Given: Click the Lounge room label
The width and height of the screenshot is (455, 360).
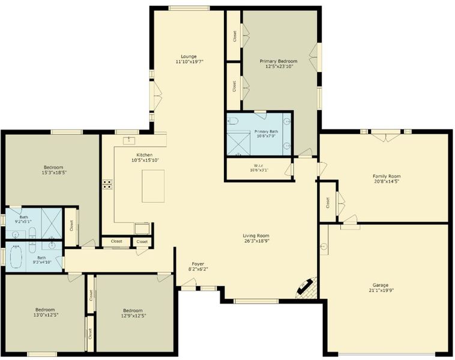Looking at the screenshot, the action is (x=188, y=56).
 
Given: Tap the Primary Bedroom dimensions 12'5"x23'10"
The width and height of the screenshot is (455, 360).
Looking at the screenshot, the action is (x=279, y=67).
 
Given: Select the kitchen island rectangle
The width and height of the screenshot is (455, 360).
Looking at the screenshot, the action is (x=153, y=186).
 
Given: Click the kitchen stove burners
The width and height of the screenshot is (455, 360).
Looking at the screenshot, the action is (x=107, y=184).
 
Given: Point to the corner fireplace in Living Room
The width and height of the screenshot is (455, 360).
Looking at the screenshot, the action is (x=307, y=289).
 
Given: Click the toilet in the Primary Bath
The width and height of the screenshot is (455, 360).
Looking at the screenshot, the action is (x=232, y=121).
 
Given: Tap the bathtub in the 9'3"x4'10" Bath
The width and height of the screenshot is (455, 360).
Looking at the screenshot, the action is (x=16, y=257).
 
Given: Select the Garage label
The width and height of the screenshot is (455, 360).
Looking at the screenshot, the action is (x=381, y=285).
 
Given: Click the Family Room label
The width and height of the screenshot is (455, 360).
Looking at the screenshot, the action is (x=387, y=176).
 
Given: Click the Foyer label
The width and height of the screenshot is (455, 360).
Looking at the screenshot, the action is (x=198, y=263).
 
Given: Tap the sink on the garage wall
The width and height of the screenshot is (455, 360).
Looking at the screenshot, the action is (x=324, y=247).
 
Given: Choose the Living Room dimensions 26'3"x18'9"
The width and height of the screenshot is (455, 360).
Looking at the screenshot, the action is (x=257, y=241).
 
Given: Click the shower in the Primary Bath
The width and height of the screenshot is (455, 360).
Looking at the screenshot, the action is (x=238, y=144).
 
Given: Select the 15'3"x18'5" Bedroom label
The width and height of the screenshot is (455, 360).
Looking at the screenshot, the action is (x=53, y=167).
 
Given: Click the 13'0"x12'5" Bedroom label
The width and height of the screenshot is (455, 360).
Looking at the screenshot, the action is (x=45, y=310).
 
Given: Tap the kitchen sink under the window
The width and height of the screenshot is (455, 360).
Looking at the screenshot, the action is (x=129, y=140).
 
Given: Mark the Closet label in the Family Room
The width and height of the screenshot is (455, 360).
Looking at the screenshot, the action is (x=328, y=203).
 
